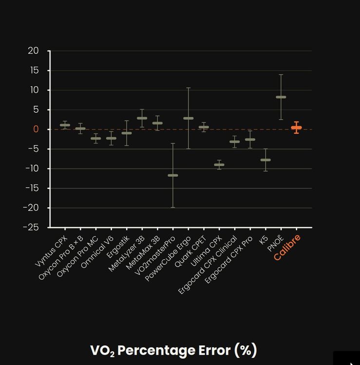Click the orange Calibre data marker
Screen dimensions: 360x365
coord(296,128)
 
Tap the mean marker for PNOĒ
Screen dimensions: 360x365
coord(281,97)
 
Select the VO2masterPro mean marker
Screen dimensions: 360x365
coord(173,175)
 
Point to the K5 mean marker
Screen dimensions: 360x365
coord(265,160)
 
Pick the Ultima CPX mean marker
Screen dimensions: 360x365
coord(219,165)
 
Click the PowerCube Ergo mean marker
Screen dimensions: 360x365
coord(188,118)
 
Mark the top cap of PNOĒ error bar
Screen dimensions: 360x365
coord(281,74)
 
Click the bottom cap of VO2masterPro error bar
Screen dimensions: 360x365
coord(173,207)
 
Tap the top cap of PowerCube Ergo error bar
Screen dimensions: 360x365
coord(188,88)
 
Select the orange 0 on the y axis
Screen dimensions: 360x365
coord(36,129)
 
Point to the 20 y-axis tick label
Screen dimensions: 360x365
coord(33,51)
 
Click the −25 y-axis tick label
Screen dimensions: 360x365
coord(31,227)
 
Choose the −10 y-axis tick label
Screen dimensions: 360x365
coord(32,168)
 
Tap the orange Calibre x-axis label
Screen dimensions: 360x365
coord(287,247)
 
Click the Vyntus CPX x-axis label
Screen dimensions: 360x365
coord(51,251)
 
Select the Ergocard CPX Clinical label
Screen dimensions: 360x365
coord(208,265)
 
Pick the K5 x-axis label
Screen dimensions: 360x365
coord(264,240)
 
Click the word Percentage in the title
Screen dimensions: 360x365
coord(156,350)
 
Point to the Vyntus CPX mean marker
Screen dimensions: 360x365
coord(65,125)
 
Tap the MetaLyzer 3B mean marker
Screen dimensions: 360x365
coord(142,118)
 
